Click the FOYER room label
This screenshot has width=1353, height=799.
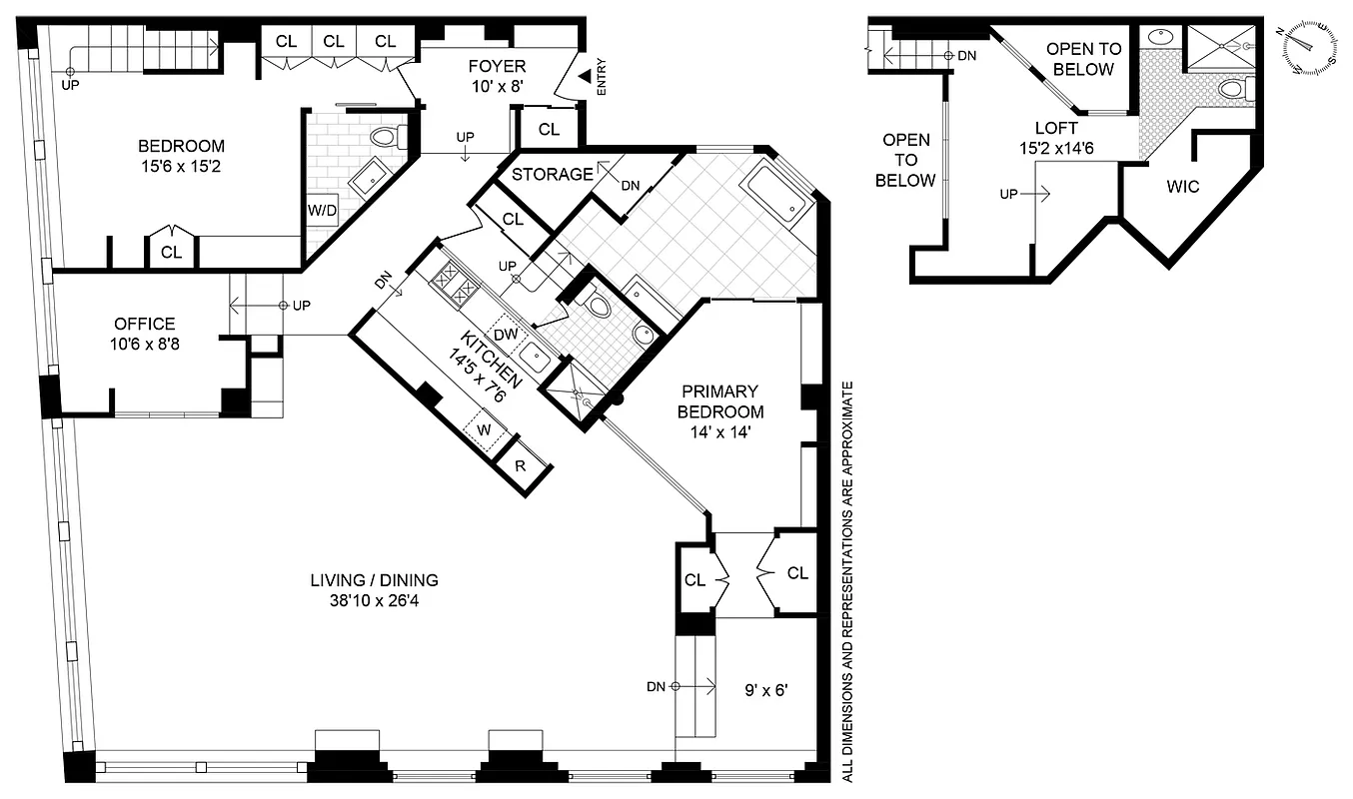click(496, 67)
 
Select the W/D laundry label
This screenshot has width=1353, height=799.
click(321, 212)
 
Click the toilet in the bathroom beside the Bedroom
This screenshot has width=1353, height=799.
click(383, 137)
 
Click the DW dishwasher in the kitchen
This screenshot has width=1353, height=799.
click(505, 335)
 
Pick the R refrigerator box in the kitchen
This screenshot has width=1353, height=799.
click(521, 466)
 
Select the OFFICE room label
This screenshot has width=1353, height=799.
click(144, 324)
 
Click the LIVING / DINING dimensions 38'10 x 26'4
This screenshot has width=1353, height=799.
click(374, 599)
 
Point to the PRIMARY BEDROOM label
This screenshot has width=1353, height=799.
click(719, 400)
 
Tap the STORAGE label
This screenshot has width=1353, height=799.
click(552, 175)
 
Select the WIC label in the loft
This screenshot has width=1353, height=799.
click(1181, 187)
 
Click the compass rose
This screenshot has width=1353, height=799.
click(1310, 48)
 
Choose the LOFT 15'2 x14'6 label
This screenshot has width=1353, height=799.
click(1056, 137)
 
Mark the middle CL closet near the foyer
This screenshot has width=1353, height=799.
click(335, 41)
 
